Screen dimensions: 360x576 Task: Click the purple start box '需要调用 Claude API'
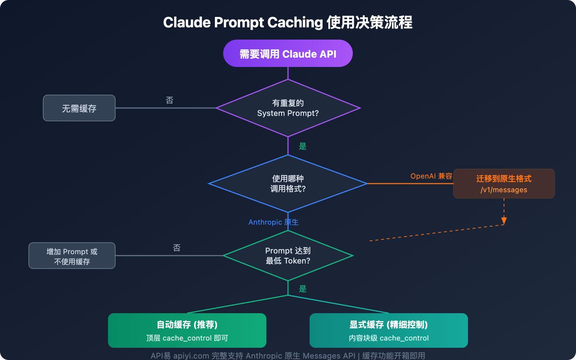[288, 54]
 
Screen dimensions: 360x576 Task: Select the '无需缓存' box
[79, 108]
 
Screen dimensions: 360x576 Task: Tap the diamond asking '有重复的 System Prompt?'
[288, 108]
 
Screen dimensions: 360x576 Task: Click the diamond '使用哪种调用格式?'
[288, 184]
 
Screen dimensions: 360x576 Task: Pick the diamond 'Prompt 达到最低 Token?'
[288, 256]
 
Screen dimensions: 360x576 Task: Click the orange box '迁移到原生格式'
[504, 179]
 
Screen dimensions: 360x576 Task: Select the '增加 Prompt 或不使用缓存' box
[72, 256]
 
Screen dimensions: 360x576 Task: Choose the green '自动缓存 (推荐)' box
[187, 325]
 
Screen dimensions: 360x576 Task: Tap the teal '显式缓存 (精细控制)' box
[389, 325]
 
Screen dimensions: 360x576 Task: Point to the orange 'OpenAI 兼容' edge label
[431, 176]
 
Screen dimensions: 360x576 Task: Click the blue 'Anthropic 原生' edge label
[273, 222]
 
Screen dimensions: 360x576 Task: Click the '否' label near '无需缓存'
[170, 100]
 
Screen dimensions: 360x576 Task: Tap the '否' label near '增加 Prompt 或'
[177, 248]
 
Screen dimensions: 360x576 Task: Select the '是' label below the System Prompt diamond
[303, 146]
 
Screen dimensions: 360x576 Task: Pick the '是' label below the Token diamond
[303, 289]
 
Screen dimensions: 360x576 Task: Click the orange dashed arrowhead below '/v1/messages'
[504, 221]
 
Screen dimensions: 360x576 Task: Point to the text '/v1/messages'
[504, 190]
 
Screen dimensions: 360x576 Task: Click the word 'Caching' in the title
[295, 23]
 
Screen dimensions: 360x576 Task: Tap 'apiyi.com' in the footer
[191, 356]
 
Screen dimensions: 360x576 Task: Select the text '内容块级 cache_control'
[389, 338]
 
